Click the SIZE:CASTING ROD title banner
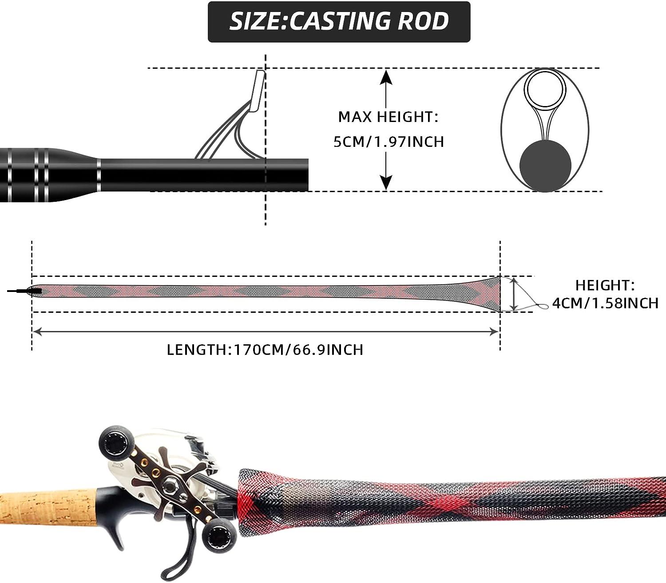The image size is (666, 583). coord(339,22)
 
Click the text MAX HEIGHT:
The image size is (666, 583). coord(388,117)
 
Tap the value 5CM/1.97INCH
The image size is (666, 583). coord(388,142)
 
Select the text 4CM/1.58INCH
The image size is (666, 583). coord(605,303)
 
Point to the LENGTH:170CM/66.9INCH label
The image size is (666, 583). coord(265,350)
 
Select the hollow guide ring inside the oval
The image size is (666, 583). coord(545,89)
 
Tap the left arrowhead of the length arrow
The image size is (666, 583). coord(37,332)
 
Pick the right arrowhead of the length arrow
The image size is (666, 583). coord(495,332)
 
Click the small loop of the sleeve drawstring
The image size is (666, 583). coord(543,307)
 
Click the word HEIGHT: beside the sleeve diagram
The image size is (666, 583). coord(605,285)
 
